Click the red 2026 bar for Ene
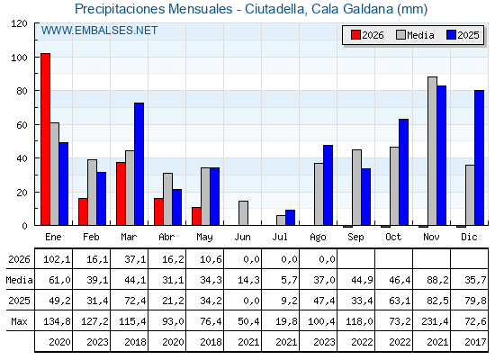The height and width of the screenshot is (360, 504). [x=45, y=139]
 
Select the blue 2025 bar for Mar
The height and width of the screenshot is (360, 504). [x=139, y=164]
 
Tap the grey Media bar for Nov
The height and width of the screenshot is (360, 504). [x=432, y=151]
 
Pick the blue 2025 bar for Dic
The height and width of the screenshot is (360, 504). [x=479, y=157]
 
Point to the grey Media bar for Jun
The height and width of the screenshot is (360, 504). [x=243, y=213]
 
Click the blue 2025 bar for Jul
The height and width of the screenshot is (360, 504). [x=290, y=218]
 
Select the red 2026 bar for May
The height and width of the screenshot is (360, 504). [x=196, y=216]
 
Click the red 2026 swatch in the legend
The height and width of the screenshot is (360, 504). [x=355, y=35]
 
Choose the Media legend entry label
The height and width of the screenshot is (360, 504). [x=420, y=35]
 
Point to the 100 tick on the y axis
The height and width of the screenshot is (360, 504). [x=37, y=58]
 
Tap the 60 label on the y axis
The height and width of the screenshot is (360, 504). [x=22, y=125]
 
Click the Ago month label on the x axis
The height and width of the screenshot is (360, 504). [x=318, y=238]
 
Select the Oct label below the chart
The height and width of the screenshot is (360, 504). [x=393, y=237]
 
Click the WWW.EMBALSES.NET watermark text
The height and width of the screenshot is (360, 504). [x=99, y=31]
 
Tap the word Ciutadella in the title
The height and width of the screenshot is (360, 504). [x=274, y=9]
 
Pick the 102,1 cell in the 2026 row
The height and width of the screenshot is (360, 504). [x=57, y=259]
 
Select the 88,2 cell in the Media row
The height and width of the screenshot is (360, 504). [x=437, y=280]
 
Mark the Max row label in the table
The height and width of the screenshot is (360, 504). [x=19, y=321]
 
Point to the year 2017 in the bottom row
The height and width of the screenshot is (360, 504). [x=475, y=342]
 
